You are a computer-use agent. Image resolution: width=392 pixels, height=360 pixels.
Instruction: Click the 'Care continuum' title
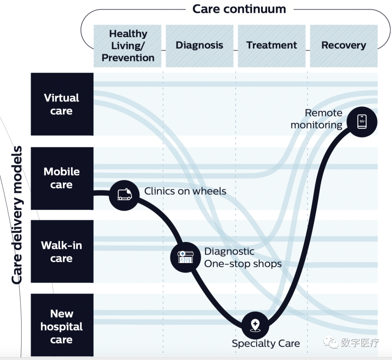tap(239, 9)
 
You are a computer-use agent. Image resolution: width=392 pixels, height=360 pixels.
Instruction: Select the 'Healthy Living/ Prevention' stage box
tap(127, 46)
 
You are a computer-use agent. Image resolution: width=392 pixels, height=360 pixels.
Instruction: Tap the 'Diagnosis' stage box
tap(200, 46)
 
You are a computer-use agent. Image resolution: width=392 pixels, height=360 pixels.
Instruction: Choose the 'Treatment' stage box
tap(271, 46)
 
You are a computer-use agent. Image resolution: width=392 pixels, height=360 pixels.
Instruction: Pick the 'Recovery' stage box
tap(344, 46)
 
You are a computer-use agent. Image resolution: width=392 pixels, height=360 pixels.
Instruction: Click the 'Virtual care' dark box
tap(62, 104)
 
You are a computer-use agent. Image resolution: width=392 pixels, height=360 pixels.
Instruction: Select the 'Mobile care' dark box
tap(62, 178)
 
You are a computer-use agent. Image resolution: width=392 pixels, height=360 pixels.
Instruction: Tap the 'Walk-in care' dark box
tap(62, 251)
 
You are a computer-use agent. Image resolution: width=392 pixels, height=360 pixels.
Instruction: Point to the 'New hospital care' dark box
tap(62, 325)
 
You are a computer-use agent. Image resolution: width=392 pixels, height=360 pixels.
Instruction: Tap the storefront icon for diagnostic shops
tap(185, 257)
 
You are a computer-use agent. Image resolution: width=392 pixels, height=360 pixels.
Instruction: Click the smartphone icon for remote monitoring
tap(362, 122)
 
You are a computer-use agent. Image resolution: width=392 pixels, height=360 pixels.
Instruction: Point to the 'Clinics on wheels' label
tap(185, 191)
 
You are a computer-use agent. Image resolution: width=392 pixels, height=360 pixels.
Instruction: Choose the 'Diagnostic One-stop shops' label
tap(243, 258)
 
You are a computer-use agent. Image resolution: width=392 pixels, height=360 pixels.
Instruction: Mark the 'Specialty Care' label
tap(266, 344)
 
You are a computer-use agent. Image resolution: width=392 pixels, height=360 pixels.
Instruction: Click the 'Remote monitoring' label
tap(316, 119)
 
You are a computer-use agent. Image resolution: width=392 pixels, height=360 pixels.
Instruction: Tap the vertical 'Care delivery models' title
tap(17, 215)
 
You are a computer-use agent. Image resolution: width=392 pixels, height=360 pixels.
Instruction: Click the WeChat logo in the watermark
tap(331, 342)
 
